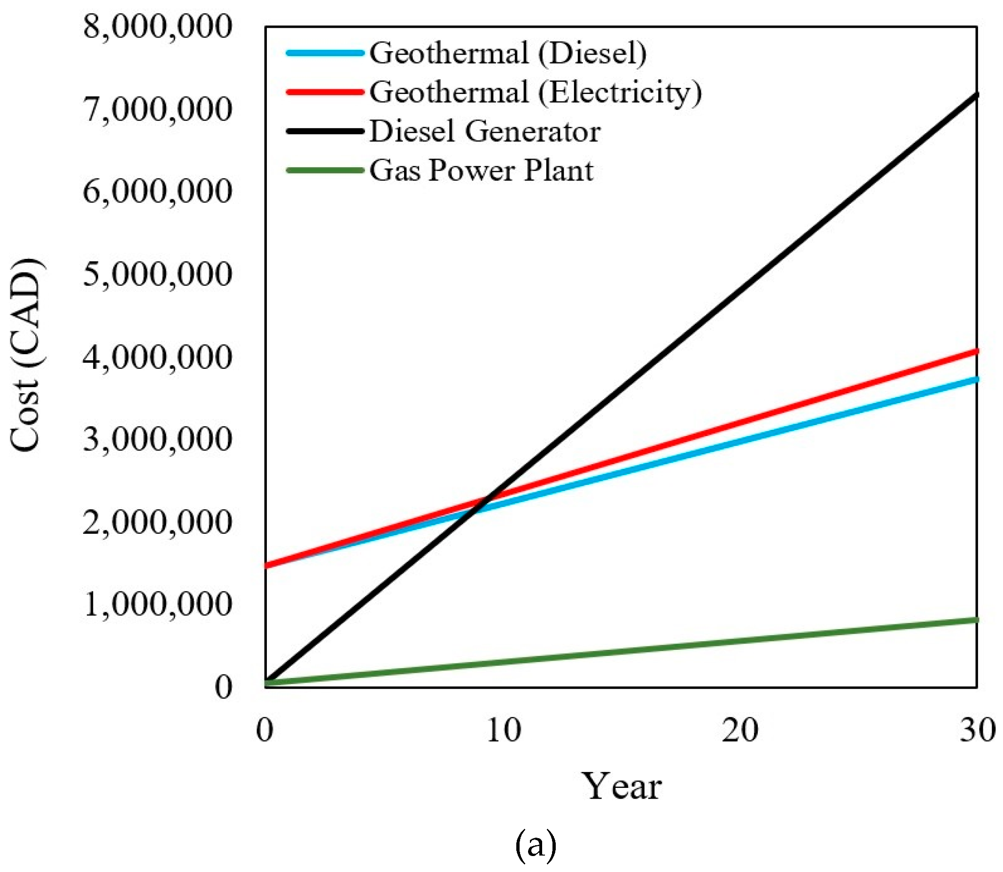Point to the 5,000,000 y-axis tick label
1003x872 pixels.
[x=157, y=274]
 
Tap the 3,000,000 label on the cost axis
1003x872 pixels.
[x=157, y=439]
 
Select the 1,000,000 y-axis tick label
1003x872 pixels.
[x=157, y=604]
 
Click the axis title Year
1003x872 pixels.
[x=622, y=787]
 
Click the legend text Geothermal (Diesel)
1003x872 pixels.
[x=507, y=53]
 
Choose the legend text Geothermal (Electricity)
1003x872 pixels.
[x=535, y=93]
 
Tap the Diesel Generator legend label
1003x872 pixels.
[x=485, y=132]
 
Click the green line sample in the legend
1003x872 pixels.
[x=325, y=170]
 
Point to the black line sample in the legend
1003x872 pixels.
[x=325, y=131]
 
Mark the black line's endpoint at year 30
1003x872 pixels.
[x=976, y=94]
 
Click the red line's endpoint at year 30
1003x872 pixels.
[x=976, y=351]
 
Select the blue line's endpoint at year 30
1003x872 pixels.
[x=976, y=379]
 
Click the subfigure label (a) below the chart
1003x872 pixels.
[x=535, y=845]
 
